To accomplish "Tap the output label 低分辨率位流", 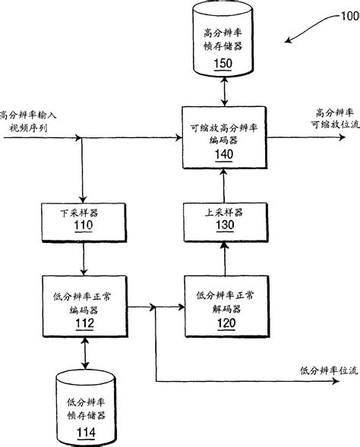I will click(327, 370).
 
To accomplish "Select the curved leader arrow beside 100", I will click(308, 30).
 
